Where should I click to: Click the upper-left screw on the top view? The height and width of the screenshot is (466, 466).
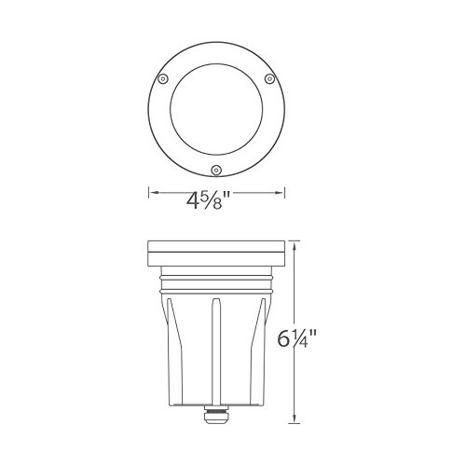point(163,78)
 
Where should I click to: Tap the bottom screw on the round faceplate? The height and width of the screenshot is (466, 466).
point(216,170)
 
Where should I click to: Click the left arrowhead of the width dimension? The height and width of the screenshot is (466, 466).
point(151,194)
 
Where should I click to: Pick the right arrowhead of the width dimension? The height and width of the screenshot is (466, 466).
point(281,194)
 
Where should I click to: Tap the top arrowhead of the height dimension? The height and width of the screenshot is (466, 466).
point(296,244)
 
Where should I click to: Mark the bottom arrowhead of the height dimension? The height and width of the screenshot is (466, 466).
point(296,420)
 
